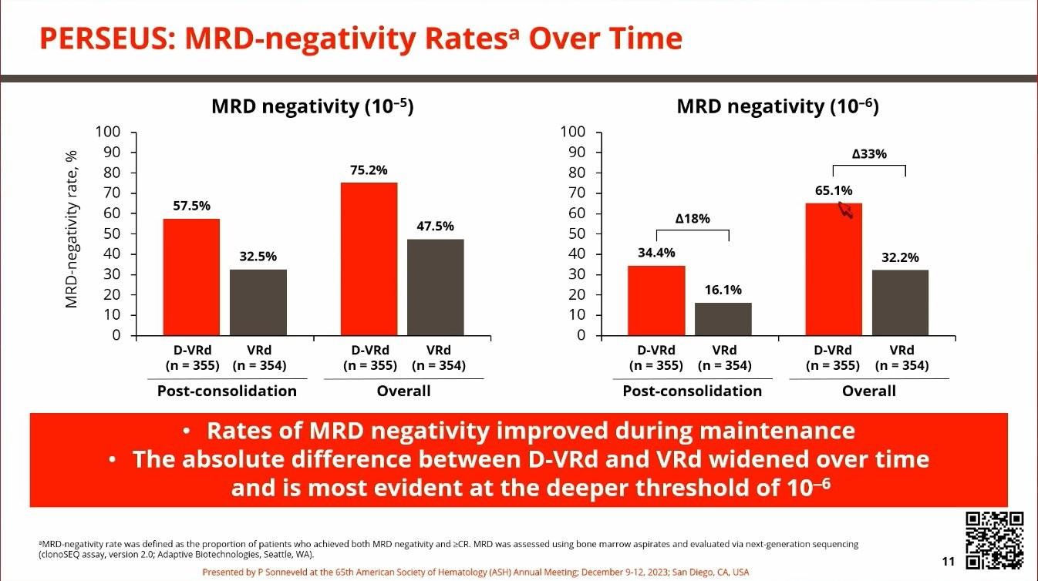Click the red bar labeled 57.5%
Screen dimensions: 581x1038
click(191, 277)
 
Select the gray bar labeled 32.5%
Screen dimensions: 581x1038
click(258, 302)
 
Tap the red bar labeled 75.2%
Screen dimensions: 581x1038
click(369, 259)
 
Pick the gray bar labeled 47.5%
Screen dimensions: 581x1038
click(436, 287)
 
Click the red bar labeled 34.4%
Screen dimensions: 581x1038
click(656, 301)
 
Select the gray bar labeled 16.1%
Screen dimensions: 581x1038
click(723, 319)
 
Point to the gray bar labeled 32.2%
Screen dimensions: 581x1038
click(900, 303)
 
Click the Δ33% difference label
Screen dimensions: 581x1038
click(869, 154)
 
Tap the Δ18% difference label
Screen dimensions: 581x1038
click(692, 219)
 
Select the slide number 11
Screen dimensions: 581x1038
click(949, 562)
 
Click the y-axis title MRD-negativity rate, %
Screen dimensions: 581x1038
click(72, 230)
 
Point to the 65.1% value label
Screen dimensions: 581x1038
click(834, 190)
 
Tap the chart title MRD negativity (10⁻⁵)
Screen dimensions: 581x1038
click(312, 107)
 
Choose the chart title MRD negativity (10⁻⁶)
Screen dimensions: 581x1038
click(777, 107)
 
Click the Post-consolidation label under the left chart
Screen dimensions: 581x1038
click(227, 391)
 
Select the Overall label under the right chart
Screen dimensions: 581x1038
click(868, 391)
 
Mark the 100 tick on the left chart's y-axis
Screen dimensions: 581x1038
click(109, 132)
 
